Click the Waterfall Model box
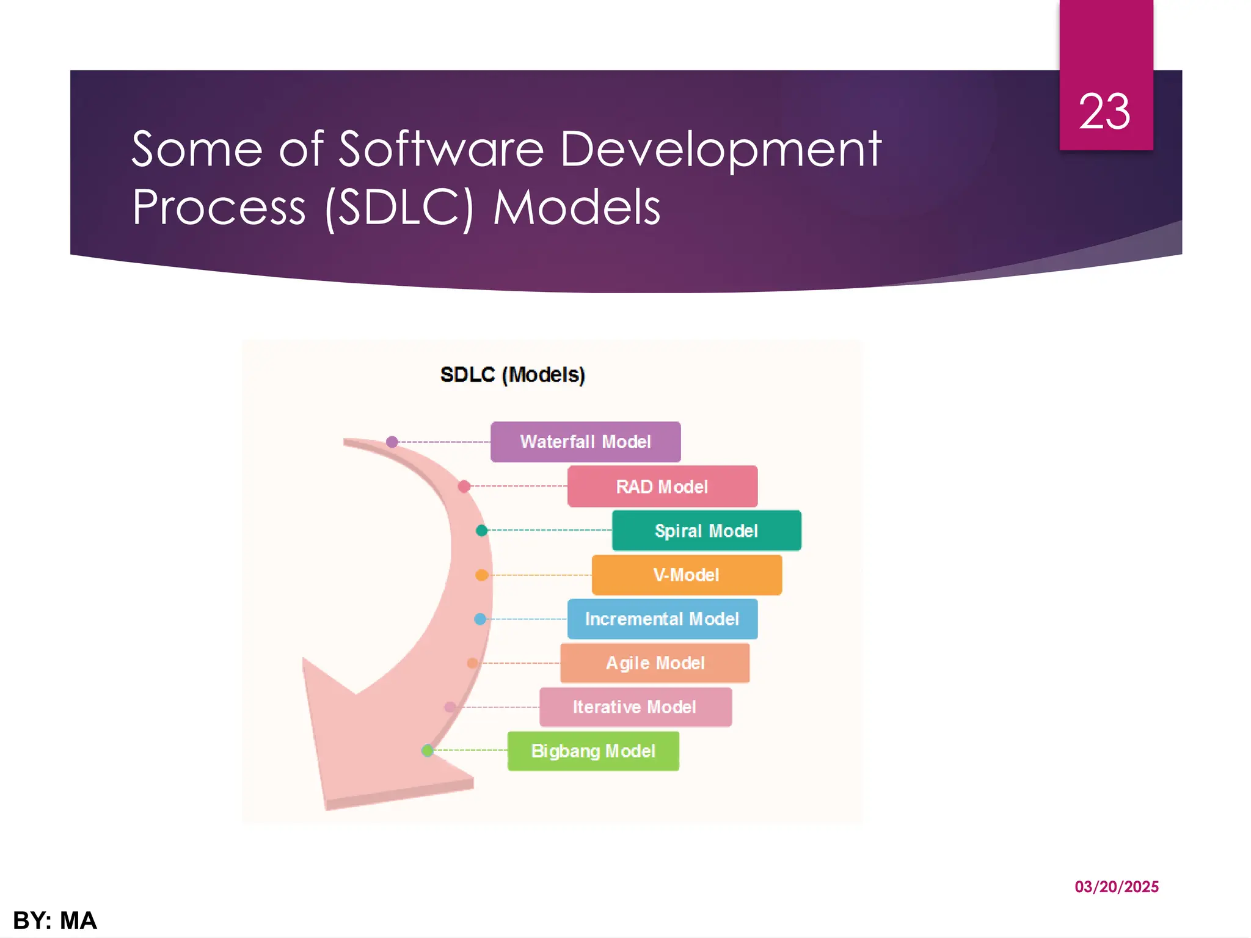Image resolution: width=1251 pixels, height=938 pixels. click(x=585, y=442)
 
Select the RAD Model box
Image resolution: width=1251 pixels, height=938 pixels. click(x=662, y=487)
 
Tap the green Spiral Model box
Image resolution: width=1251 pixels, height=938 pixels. click(x=706, y=531)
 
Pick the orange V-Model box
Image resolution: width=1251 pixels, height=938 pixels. click(x=687, y=575)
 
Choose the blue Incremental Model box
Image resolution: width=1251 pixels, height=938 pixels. click(x=662, y=619)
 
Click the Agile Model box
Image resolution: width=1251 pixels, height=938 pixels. click(x=655, y=663)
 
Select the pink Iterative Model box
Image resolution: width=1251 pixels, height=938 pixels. click(x=635, y=707)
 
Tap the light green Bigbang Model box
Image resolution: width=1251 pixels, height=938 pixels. click(x=593, y=751)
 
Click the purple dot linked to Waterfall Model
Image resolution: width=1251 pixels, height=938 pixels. click(x=392, y=442)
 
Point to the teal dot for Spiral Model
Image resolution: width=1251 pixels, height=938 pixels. click(x=482, y=531)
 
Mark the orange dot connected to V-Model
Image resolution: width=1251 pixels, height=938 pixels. click(x=481, y=575)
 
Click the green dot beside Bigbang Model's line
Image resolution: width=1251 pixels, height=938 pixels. click(x=428, y=751)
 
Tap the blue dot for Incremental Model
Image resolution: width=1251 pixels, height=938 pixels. click(x=480, y=619)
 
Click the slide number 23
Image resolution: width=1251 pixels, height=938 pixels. click(x=1104, y=112)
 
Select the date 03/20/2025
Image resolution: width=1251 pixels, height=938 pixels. click(x=1117, y=887)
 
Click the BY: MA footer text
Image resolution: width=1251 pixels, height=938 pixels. click(x=55, y=920)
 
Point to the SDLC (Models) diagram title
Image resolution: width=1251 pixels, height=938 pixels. click(x=512, y=374)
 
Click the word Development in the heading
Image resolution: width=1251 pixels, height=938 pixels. click(x=720, y=150)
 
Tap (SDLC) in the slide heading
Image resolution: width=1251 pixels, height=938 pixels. click(x=399, y=208)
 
